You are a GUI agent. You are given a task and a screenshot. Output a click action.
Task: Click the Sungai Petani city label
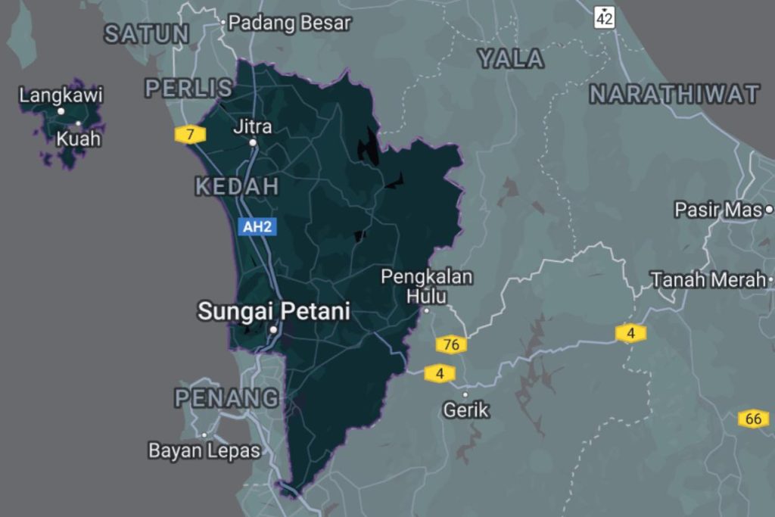tap(273, 311)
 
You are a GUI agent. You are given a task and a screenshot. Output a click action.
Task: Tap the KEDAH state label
tap(237, 186)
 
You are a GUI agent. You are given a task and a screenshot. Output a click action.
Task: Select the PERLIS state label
tap(188, 89)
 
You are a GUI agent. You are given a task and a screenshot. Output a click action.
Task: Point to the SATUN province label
tap(147, 34)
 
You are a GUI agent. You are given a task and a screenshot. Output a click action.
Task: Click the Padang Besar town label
tap(290, 23)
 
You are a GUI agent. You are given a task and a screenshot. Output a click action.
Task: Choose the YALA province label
tap(511, 59)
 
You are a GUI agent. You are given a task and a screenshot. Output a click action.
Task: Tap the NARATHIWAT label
tap(674, 94)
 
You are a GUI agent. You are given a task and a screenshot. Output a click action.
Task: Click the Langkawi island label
tap(61, 96)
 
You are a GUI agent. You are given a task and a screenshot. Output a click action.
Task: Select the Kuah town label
tap(79, 139)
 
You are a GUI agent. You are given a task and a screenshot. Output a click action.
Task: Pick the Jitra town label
tap(253, 126)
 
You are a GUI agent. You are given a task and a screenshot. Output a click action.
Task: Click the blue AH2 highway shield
tap(255, 226)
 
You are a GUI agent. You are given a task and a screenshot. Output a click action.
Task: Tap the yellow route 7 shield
tap(190, 135)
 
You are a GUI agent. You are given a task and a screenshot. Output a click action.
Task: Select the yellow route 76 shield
tap(451, 345)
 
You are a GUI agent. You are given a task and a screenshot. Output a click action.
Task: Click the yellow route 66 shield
tap(753, 419)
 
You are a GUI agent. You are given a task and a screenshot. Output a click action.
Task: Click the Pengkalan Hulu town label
tap(427, 286)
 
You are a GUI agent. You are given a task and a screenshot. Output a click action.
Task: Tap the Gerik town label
tap(465, 410)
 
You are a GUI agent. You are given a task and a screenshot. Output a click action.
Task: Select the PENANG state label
tap(226, 397)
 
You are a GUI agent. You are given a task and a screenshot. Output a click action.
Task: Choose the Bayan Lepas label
tap(204, 451)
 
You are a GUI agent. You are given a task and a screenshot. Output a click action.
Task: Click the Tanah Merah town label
tap(708, 280)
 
